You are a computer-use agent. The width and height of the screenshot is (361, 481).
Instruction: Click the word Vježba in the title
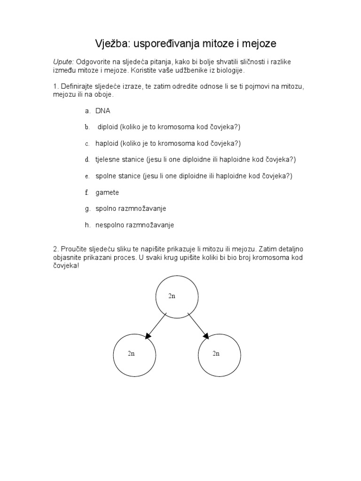tap(112, 44)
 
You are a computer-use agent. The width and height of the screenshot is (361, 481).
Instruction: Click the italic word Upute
tap(63, 62)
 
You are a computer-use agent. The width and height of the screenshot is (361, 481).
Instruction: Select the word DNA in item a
tap(103, 111)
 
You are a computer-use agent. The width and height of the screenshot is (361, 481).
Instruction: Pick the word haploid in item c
tap(107, 143)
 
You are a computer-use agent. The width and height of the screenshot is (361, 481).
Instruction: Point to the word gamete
tap(107, 192)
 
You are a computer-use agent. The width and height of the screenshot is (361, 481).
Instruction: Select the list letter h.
tap(87, 225)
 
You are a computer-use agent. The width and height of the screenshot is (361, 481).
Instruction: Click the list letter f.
tap(87, 192)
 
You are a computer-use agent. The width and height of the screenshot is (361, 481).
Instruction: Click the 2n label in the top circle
tap(172, 296)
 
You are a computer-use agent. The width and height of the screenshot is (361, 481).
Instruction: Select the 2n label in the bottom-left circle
tap(131, 354)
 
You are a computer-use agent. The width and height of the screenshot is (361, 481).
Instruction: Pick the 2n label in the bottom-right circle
tap(216, 354)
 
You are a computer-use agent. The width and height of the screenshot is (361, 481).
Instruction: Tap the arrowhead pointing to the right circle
tap(206, 335)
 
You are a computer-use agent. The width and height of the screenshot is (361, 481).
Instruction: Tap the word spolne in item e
tap(105, 176)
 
